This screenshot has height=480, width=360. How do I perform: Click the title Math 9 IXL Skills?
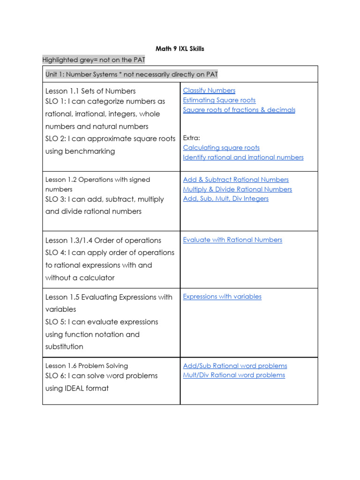click(x=180, y=49)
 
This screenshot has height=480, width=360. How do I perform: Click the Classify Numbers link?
click(x=209, y=90)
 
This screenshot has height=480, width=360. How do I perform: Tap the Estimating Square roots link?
click(x=219, y=100)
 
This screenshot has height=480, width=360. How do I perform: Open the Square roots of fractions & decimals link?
click(x=239, y=110)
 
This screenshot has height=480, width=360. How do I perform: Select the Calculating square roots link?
click(x=221, y=148)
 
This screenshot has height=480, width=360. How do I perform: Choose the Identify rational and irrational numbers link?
click(x=243, y=157)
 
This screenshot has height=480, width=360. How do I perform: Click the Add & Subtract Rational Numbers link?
click(x=236, y=180)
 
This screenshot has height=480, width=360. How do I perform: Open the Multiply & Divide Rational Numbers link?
click(x=237, y=189)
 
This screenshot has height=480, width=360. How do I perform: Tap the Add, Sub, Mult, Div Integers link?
click(x=225, y=198)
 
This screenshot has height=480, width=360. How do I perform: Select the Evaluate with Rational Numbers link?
click(x=232, y=240)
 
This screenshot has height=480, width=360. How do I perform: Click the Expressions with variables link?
click(x=222, y=296)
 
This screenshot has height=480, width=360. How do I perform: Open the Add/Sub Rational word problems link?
click(x=235, y=366)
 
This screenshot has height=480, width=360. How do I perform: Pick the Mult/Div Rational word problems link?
click(x=234, y=375)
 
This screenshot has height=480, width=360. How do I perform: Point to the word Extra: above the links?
click(x=191, y=138)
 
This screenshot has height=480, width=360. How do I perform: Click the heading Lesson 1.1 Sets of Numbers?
click(x=90, y=91)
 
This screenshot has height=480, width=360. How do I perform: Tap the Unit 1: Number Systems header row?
click(x=132, y=75)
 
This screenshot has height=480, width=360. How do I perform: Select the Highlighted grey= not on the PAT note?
click(x=94, y=60)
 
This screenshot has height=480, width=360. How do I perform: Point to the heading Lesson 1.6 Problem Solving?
click(x=86, y=366)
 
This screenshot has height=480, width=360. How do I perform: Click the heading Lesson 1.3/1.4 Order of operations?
click(x=103, y=240)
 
